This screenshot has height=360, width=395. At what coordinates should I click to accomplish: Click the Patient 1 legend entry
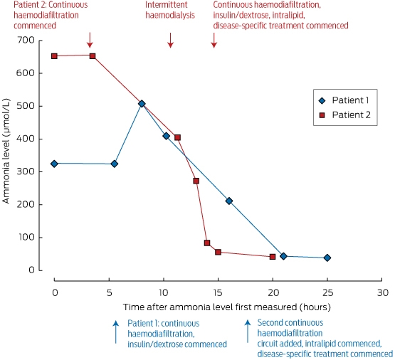(344, 100)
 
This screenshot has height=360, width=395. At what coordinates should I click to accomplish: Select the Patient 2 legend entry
(344, 115)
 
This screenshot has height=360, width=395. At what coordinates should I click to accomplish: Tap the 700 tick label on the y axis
(26, 40)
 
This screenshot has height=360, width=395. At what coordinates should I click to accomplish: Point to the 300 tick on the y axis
(41, 171)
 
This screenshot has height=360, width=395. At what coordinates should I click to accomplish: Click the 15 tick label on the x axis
(218, 293)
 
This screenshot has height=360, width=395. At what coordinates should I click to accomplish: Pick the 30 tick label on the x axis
(382, 293)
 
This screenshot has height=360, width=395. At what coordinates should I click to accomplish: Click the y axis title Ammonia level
(6, 152)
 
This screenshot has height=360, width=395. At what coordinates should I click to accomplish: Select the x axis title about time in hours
(227, 307)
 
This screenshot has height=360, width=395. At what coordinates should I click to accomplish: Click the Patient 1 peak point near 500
(142, 104)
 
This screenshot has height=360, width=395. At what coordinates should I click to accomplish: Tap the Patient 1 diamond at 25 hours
(327, 258)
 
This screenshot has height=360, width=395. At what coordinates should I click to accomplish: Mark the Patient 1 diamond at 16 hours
(229, 201)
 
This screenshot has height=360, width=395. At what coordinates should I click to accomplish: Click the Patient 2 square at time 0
(54, 56)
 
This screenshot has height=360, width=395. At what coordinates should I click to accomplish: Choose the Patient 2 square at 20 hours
(273, 257)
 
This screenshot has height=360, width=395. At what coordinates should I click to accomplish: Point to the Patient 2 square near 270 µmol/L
(196, 181)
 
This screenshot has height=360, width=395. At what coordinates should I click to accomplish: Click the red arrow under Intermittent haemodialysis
(171, 40)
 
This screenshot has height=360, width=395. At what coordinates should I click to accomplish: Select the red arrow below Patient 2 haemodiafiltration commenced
(90, 40)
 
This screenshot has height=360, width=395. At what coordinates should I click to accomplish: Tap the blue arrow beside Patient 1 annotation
(115, 332)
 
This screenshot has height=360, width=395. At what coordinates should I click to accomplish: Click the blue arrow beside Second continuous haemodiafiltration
(248, 332)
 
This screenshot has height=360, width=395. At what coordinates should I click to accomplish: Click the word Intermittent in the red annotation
(167, 5)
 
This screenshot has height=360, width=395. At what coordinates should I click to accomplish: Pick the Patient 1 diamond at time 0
(54, 164)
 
